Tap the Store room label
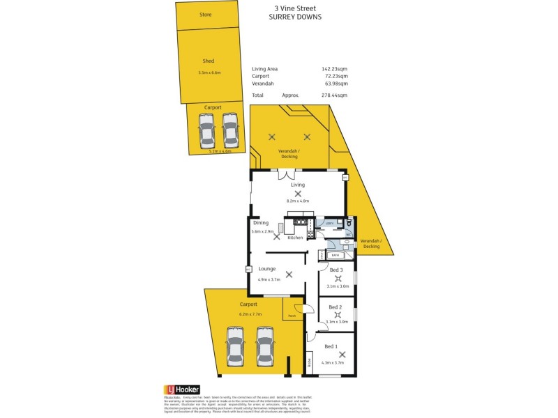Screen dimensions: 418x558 205,15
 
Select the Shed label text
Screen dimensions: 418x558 208,61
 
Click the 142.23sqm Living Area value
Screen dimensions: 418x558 334,69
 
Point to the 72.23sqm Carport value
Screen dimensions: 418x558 335,76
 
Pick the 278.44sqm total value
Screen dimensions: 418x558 334,95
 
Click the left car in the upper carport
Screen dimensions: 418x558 206,130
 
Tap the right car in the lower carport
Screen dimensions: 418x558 264,346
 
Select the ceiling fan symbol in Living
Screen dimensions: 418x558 298,194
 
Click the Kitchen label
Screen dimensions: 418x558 295,238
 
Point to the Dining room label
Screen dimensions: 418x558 261,223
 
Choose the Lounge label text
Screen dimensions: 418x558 267,268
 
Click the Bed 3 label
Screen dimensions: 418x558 336,270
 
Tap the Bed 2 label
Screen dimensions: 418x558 335,307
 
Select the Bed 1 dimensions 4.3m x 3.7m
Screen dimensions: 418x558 333,362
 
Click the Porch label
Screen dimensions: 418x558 292,316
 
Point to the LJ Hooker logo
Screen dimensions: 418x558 182,390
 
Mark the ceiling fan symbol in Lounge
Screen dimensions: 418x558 289,274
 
